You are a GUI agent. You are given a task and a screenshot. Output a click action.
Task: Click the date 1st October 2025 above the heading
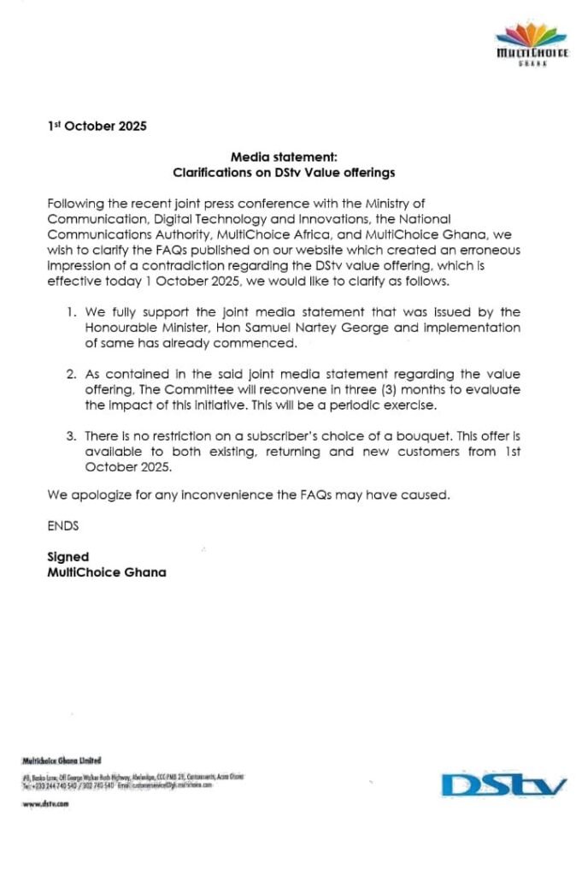click(97, 126)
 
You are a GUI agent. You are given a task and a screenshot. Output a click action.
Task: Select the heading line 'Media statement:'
click(285, 157)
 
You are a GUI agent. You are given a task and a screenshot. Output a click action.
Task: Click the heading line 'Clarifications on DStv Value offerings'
click(284, 172)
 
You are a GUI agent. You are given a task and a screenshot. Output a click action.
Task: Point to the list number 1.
click(70, 312)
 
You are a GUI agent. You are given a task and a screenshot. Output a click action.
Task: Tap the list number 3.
click(70, 436)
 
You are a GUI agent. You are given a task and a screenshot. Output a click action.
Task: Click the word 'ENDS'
click(63, 526)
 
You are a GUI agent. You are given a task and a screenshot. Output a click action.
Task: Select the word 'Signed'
click(68, 557)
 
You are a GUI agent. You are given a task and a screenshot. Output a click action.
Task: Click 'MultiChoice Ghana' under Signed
click(107, 572)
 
